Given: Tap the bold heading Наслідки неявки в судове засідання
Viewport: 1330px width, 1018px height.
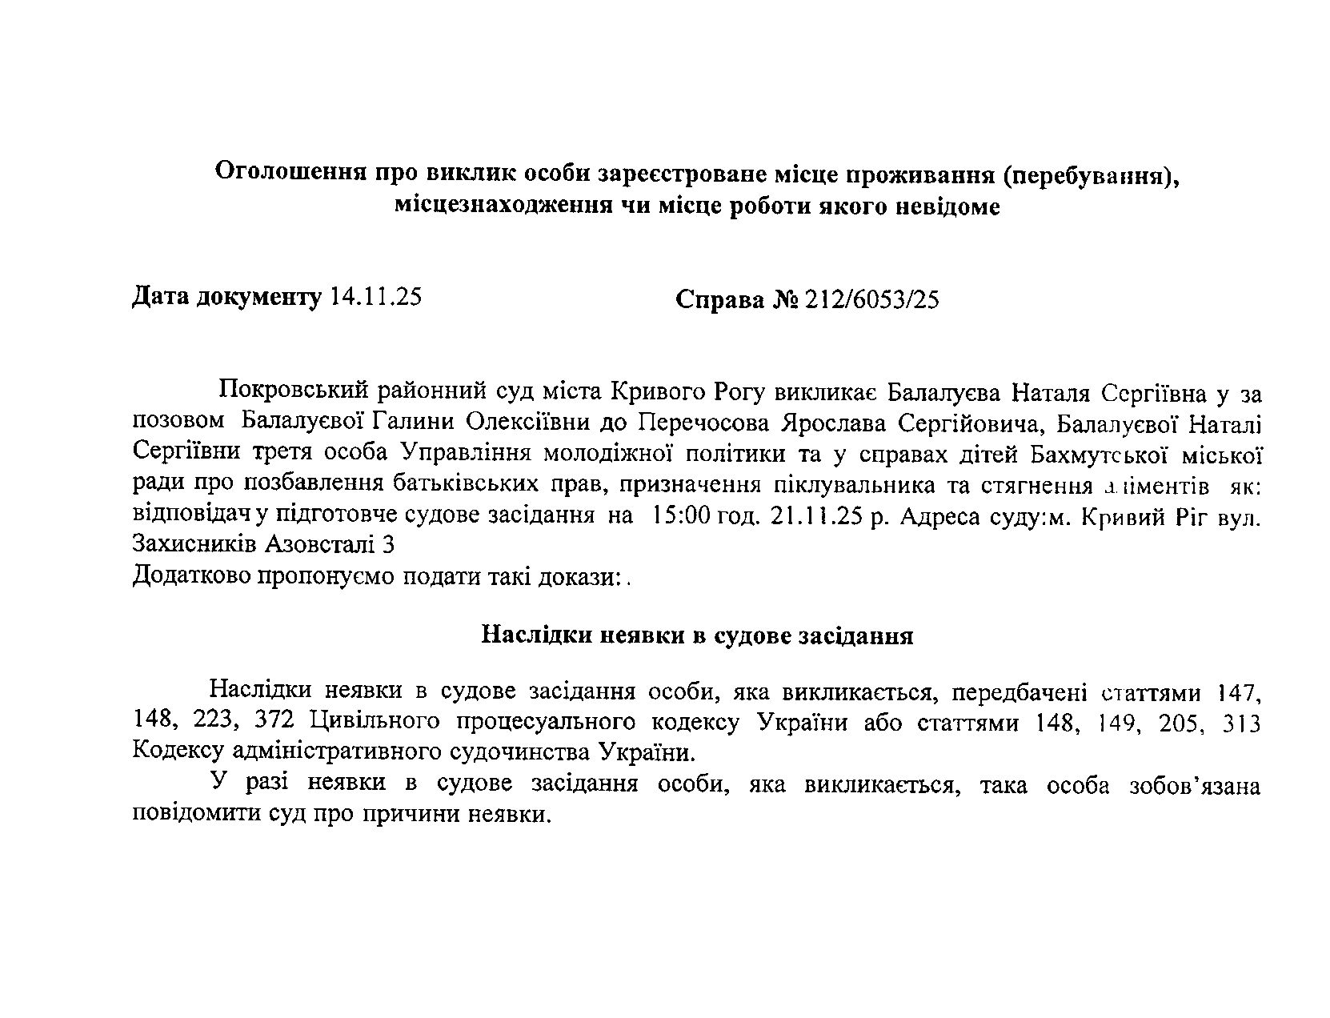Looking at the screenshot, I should tap(697, 635).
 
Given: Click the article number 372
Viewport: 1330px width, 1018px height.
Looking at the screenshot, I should tap(276, 722).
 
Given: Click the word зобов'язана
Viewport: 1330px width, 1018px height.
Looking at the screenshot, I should tap(1195, 785).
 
